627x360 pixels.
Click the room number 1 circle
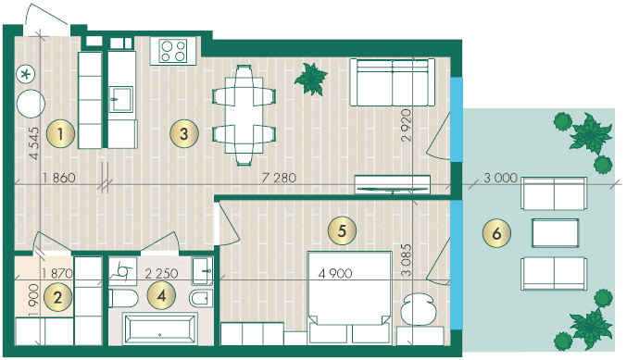click(60, 134)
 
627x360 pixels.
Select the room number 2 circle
click(57, 297)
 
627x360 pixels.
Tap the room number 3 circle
click(184, 133)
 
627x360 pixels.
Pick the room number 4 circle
click(161, 296)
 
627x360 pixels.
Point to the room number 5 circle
click(342, 230)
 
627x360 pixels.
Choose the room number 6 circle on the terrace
click(496, 233)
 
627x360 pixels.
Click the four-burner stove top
click(173, 51)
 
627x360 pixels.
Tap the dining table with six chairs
click(244, 115)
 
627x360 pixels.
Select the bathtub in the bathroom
click(160, 329)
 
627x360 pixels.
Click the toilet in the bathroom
click(123, 299)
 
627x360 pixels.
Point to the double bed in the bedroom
click(349, 297)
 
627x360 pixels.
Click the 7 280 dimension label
click(279, 178)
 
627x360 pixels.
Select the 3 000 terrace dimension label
click(501, 178)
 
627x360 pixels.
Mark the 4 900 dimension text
click(335, 273)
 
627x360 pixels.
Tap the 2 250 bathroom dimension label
click(161, 273)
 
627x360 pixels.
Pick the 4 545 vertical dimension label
click(34, 143)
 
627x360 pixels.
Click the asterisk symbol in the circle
click(26, 74)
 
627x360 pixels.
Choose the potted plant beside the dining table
click(311, 79)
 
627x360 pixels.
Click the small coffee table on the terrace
click(555, 233)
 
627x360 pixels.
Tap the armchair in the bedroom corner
click(419, 309)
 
